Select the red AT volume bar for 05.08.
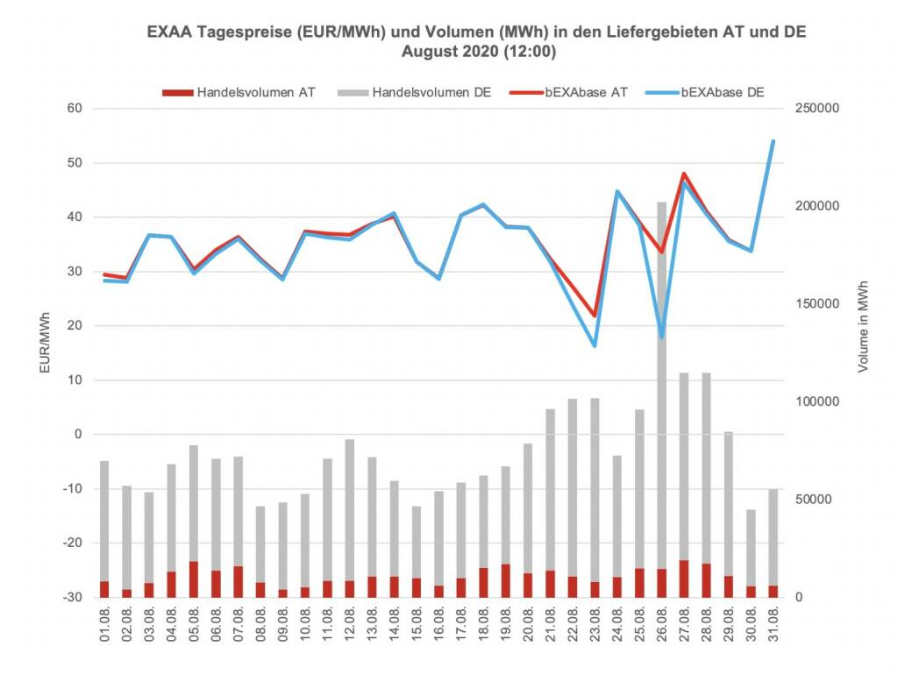[193, 579]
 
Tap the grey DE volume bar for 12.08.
[349, 508]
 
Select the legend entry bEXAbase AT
[575, 92]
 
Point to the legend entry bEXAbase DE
[714, 92]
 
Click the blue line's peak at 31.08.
[773, 141]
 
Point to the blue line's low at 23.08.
[595, 345]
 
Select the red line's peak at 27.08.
[684, 174]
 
